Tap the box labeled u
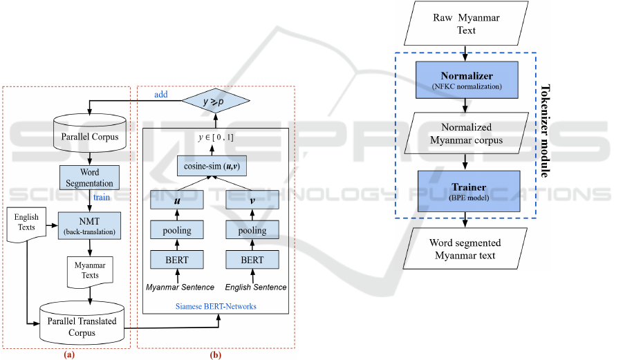pyautogui.click(x=176, y=201)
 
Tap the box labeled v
pyautogui.click(x=252, y=201)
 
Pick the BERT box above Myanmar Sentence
pyautogui.click(x=176, y=260)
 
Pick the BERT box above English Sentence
pyautogui.click(x=252, y=260)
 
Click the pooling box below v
pyautogui.click(x=252, y=231)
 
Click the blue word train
pyautogui.click(x=101, y=198)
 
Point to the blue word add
pyautogui.click(x=160, y=95)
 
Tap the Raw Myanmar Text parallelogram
pyautogui.click(x=467, y=23)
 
